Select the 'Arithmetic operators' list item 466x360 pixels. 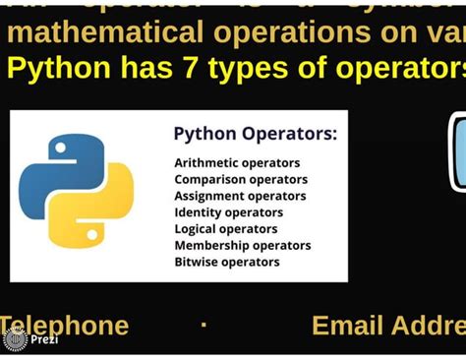[x=237, y=162]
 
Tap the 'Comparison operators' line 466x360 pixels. [x=241, y=179]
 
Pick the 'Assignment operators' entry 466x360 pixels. [x=240, y=196]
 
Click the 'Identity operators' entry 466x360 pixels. [x=228, y=212]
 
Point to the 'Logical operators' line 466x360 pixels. [x=226, y=229]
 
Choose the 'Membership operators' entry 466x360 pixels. [x=242, y=246]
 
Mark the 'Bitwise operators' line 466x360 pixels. [x=226, y=262]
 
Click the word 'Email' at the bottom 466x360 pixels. [x=346, y=326]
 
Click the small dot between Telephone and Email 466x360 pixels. [x=204, y=324]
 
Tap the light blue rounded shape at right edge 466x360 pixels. [x=458, y=152]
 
